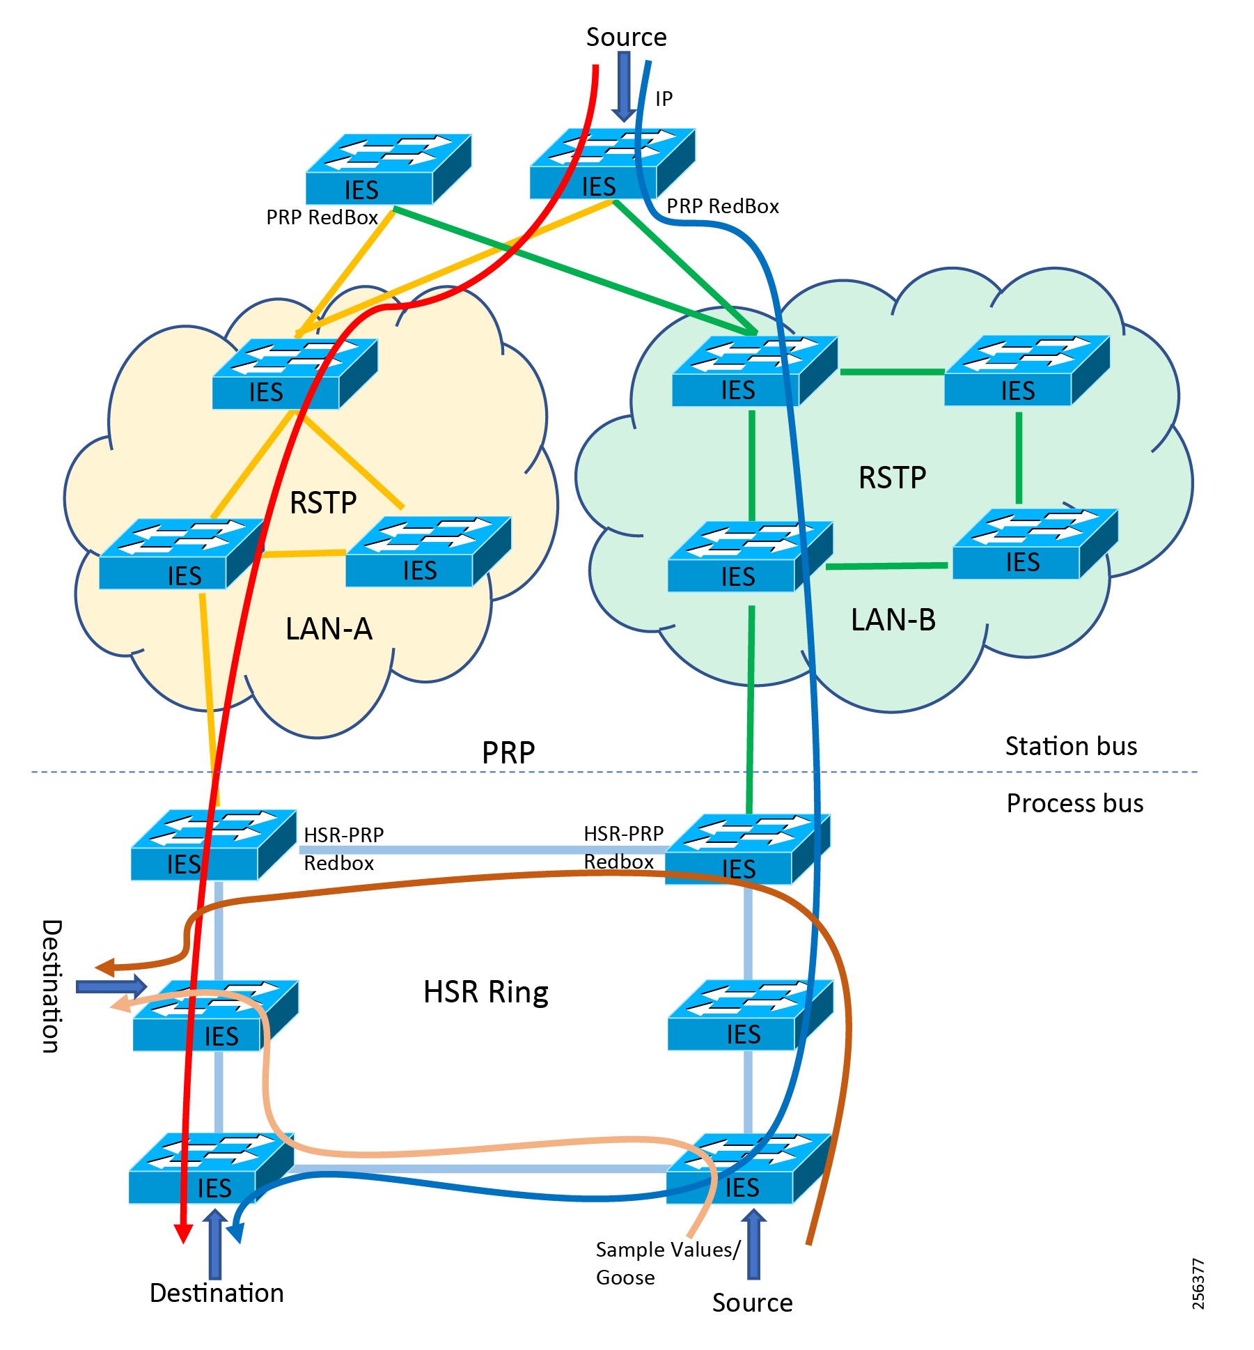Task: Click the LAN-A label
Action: point(329,629)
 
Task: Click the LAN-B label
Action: point(893,620)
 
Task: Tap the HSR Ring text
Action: point(485,992)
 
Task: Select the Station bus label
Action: point(1070,746)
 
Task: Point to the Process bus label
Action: point(1074,803)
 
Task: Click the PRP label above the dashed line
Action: point(508,753)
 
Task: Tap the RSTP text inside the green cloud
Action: point(892,478)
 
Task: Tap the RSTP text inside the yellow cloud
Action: point(323,503)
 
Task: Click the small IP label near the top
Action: point(664,99)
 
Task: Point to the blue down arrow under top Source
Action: point(624,87)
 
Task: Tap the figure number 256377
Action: point(1198,1284)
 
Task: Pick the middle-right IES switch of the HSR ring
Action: point(749,1015)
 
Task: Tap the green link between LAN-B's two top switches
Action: point(892,372)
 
